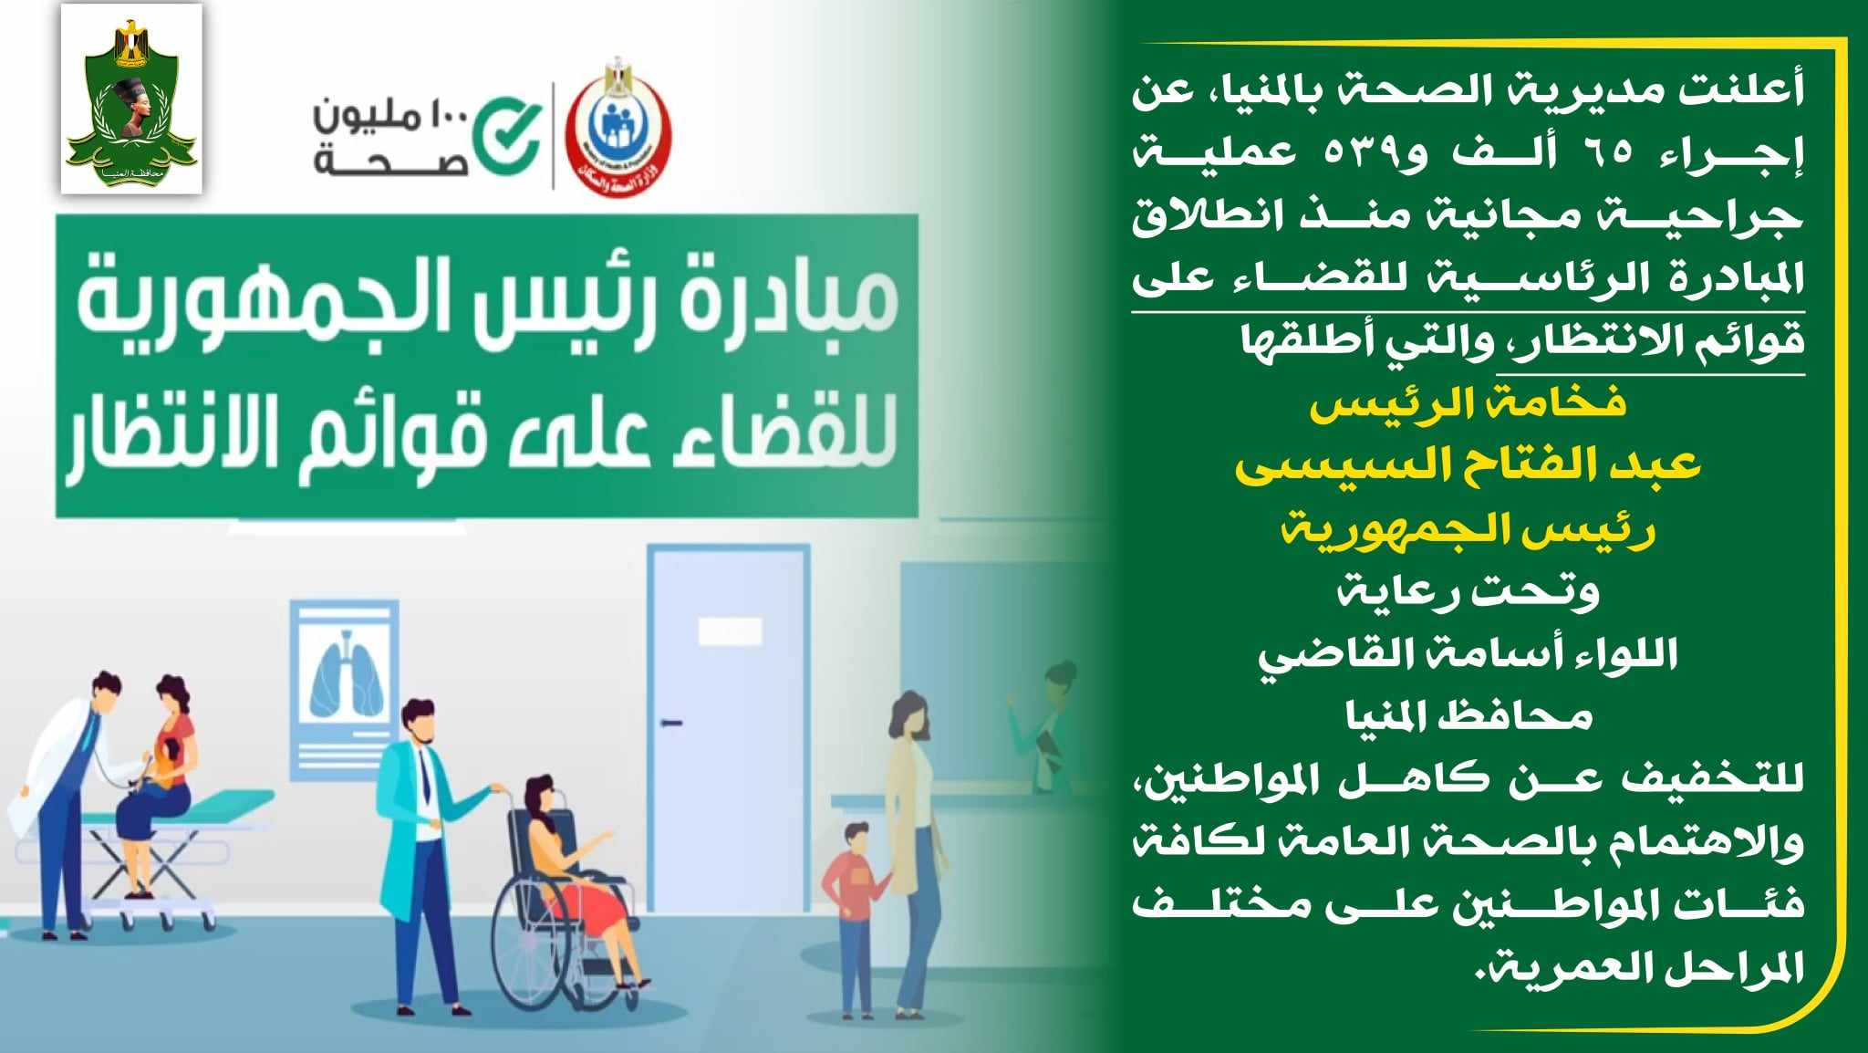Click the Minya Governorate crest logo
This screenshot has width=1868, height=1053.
(x=131, y=99)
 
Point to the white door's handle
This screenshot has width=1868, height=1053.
(x=671, y=723)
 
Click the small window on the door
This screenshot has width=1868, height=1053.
(x=729, y=631)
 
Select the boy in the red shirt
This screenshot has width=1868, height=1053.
(x=854, y=918)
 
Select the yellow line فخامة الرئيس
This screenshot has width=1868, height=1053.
(x=1468, y=403)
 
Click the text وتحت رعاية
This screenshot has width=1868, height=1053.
(x=1468, y=593)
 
